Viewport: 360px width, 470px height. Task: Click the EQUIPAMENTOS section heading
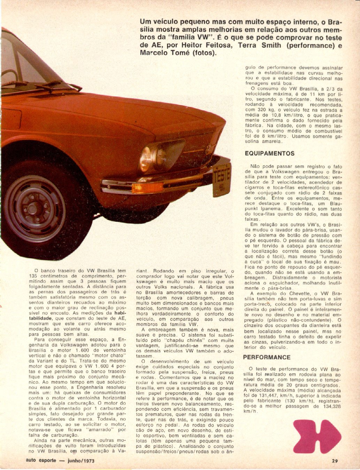point(269,153)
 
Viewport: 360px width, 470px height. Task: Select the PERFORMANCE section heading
point(267,357)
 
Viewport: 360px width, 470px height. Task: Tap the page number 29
point(335,461)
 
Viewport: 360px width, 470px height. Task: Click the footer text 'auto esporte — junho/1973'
point(60,460)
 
